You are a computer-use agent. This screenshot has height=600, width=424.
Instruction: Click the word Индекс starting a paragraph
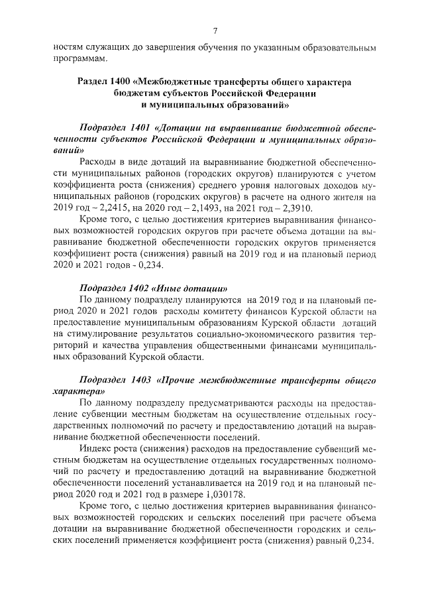pyautogui.click(x=96, y=450)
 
